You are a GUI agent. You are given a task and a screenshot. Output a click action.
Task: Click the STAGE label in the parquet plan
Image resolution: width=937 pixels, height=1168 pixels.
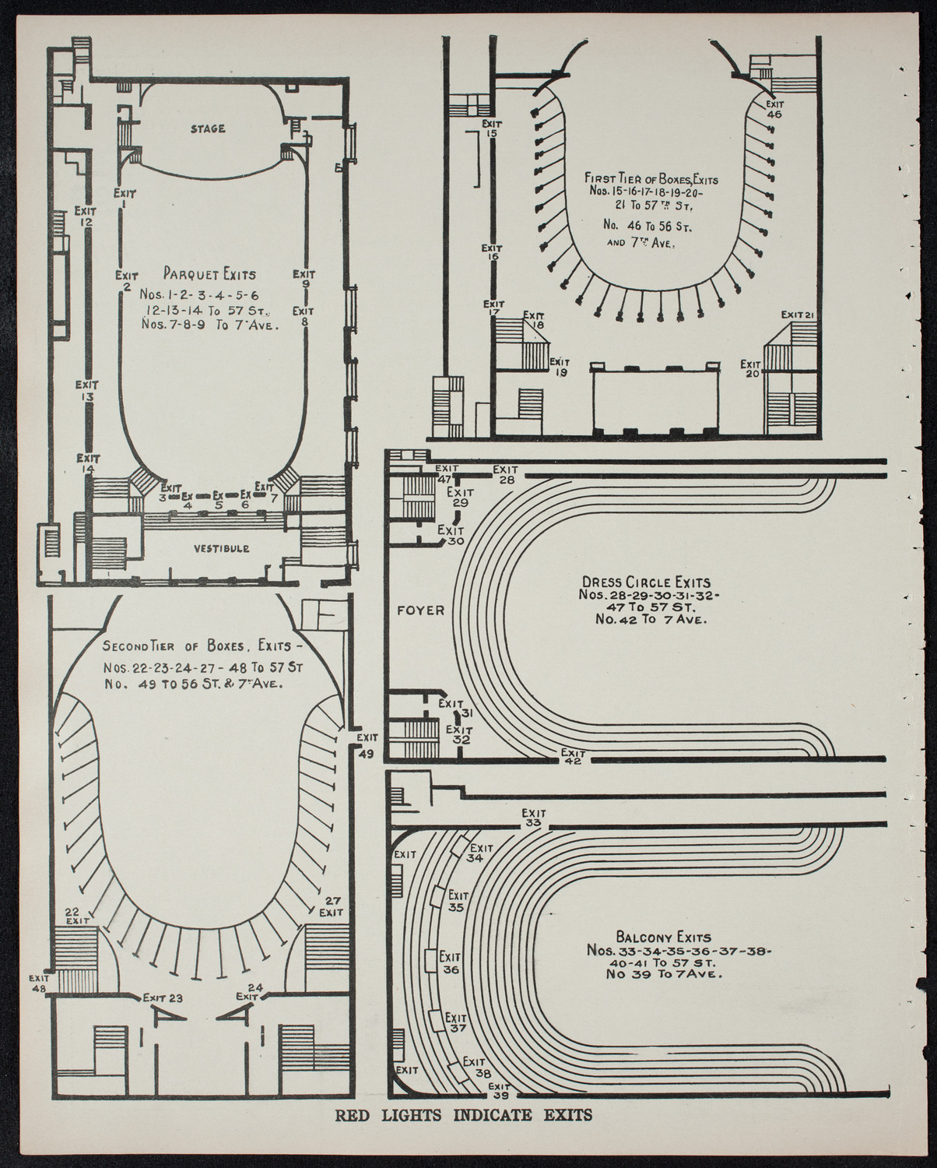coord(208,128)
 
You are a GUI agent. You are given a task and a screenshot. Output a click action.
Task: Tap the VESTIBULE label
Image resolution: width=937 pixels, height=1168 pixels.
coord(222,548)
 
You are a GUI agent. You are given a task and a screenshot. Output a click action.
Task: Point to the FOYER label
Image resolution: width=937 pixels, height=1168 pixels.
coord(420,610)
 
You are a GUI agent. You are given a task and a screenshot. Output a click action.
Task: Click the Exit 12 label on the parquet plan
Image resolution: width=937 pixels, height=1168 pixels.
coord(86,216)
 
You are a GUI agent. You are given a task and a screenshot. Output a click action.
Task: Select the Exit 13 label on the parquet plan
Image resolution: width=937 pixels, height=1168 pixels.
coord(86,390)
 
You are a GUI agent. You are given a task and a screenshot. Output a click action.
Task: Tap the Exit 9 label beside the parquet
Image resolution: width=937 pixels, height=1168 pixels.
coord(304,279)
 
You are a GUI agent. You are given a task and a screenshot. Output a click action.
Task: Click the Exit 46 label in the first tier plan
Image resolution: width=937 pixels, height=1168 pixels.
coord(774,108)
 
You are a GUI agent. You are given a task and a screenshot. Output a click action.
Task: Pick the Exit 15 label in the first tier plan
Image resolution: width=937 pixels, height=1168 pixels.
coord(491,128)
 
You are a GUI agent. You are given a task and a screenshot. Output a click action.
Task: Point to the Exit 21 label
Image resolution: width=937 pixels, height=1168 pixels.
coord(798,315)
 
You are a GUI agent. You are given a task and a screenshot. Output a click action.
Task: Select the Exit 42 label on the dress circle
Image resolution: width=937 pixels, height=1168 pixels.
coord(574,757)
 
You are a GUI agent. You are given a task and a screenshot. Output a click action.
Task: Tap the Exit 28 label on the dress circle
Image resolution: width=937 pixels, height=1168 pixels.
coord(506,474)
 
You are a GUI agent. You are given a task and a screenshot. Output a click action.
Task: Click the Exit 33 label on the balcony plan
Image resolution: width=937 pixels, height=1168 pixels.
coord(533,817)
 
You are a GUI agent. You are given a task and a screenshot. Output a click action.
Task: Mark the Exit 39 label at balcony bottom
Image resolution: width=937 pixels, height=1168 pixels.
coord(498,1091)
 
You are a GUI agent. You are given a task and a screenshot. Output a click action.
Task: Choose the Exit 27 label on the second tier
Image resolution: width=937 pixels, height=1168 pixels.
coord(332,906)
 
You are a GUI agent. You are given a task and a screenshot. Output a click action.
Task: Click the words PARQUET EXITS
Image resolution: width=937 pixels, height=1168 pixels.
coord(209,274)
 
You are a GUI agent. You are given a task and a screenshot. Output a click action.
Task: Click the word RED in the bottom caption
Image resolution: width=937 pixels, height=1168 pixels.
coord(354,1136)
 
